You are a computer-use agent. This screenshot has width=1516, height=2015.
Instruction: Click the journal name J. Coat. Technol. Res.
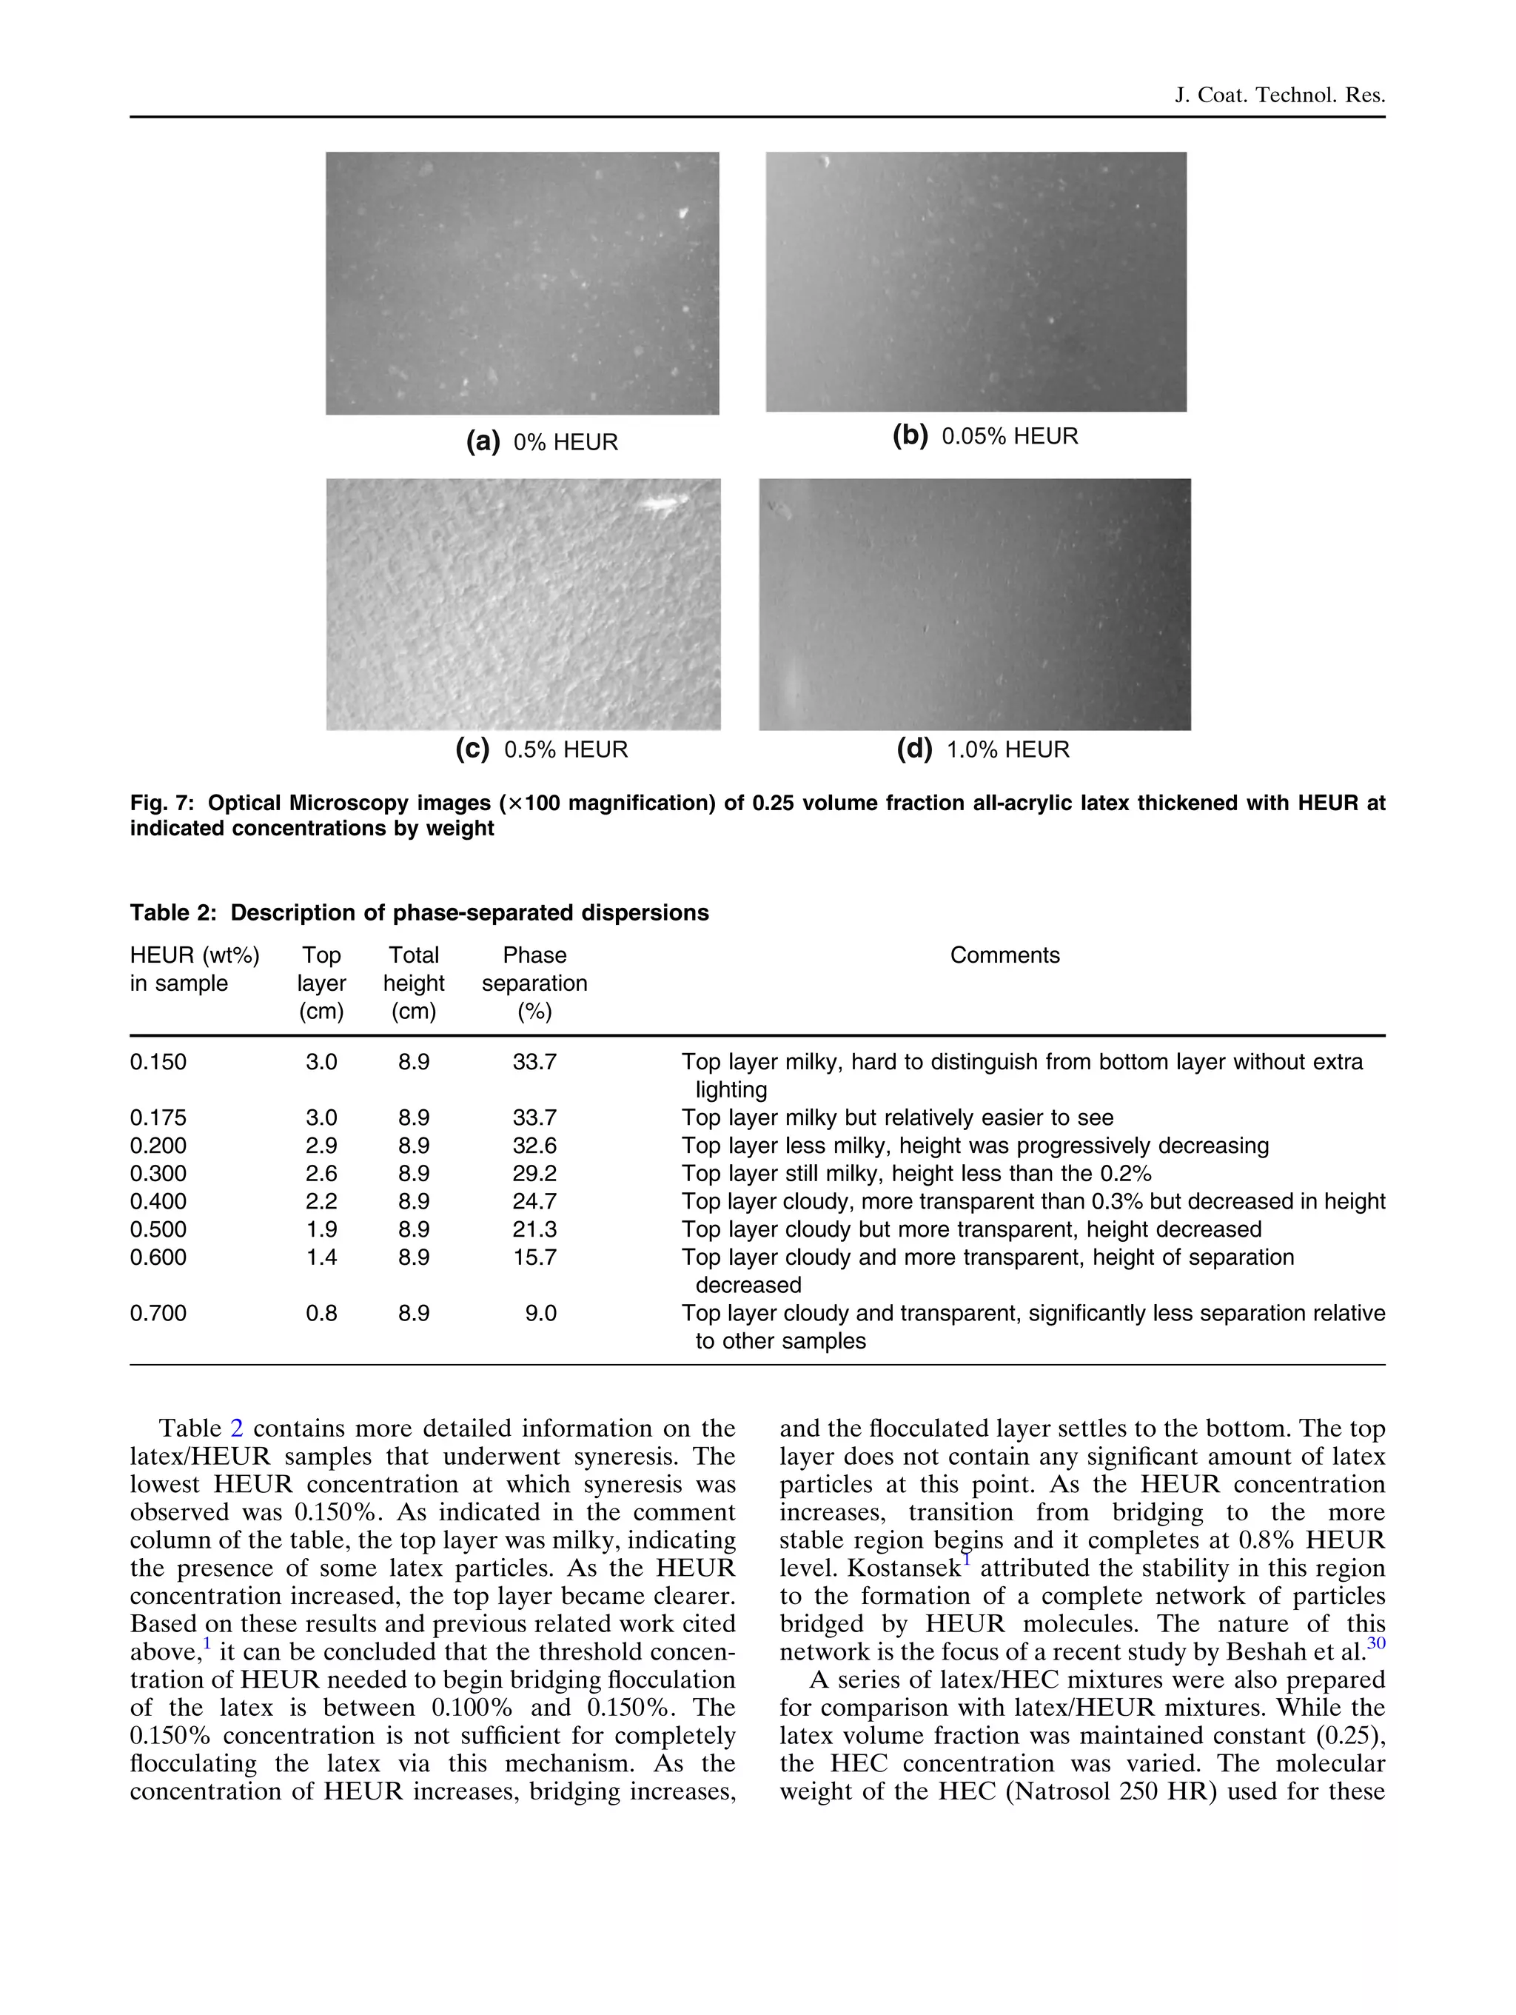click(1279, 95)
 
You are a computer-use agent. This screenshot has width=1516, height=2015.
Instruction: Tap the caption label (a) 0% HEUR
click(542, 442)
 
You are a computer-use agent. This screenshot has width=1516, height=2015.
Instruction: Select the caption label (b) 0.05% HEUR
click(985, 436)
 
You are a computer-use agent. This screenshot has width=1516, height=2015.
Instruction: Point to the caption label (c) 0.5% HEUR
click(542, 749)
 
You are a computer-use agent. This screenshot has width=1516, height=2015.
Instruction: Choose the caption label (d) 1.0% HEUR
click(982, 749)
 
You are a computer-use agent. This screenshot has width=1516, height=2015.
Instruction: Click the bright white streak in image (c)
click(663, 503)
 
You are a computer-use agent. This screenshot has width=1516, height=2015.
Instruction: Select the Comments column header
click(1004, 955)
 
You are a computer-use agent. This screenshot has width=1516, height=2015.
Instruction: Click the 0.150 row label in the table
click(158, 1062)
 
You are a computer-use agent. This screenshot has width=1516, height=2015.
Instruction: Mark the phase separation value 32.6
click(534, 1145)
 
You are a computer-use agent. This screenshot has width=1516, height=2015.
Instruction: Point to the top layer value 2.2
click(321, 1202)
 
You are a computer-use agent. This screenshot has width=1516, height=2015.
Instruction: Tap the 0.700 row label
click(158, 1313)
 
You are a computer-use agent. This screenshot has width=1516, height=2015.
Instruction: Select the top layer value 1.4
click(321, 1257)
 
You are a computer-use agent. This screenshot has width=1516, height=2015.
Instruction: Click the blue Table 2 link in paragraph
click(236, 1428)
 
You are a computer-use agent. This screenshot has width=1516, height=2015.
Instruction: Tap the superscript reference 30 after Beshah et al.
click(1376, 1643)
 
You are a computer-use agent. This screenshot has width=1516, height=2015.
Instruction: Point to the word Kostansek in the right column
click(903, 1568)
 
